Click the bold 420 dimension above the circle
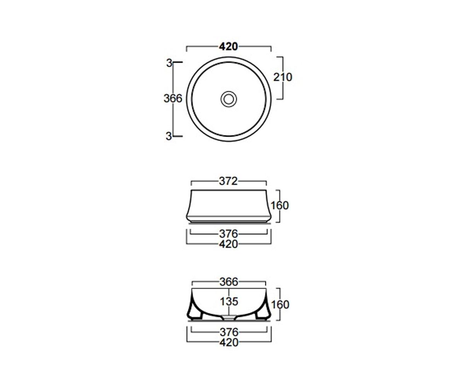pos(229,46)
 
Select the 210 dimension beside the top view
pos(283,77)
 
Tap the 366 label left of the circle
pos(173,98)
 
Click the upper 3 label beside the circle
pos(169,63)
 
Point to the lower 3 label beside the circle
pos(169,136)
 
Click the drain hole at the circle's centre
pos(229,99)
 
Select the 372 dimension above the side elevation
pos(229,181)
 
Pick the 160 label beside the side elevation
pos(280,205)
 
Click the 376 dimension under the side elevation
pos(229,234)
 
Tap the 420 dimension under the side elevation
pos(229,244)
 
